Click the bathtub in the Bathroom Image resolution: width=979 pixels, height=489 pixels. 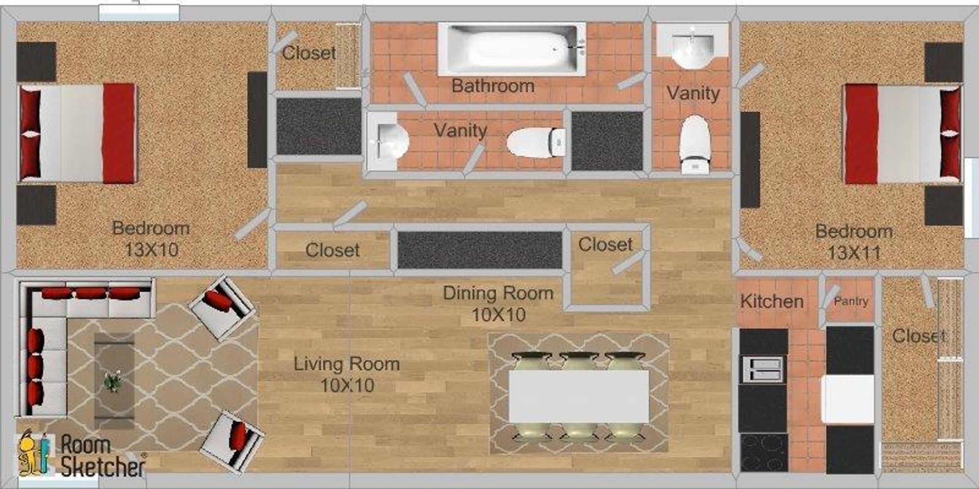[x=511, y=49]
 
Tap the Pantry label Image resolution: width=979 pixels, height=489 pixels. [x=851, y=301]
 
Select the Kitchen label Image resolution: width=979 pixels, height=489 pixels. [x=771, y=301]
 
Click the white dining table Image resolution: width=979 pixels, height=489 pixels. [x=579, y=396]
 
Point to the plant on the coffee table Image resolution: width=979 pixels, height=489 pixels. [x=113, y=381]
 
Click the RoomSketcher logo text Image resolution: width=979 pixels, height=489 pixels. [x=102, y=456]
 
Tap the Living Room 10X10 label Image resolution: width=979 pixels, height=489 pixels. [x=347, y=374]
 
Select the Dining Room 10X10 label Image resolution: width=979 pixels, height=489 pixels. [x=498, y=303]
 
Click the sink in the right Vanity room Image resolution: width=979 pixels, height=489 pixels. [x=691, y=48]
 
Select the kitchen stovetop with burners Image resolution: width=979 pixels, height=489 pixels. [x=763, y=452]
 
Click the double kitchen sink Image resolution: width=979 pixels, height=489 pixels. [x=763, y=369]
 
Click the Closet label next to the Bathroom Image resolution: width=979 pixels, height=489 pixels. [x=308, y=53]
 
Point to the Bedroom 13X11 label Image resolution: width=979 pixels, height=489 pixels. [x=854, y=241]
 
